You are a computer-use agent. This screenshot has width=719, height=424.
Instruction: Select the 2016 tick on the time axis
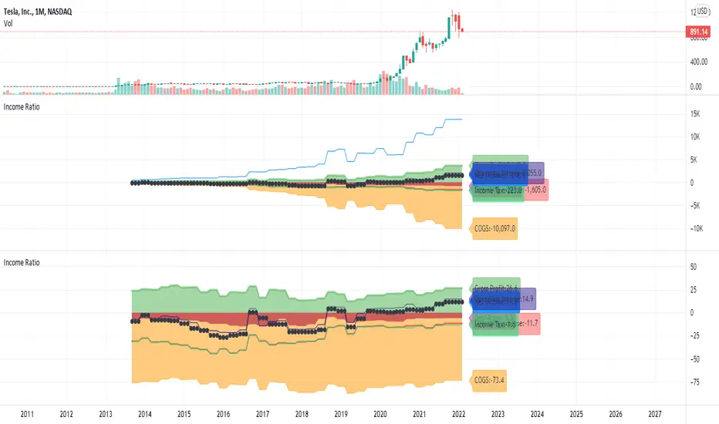click(x=224, y=413)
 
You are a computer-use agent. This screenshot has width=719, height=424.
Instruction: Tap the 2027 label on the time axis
click(x=656, y=413)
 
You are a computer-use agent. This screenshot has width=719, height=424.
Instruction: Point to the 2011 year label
click(x=27, y=413)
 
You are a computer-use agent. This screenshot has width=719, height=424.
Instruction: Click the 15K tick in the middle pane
click(x=696, y=114)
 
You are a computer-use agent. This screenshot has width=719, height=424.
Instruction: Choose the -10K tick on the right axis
click(x=696, y=228)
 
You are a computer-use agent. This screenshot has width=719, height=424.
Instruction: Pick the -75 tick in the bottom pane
click(x=695, y=381)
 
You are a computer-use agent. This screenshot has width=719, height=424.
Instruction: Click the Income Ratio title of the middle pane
click(x=23, y=107)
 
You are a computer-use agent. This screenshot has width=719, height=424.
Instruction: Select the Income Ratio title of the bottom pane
click(x=23, y=262)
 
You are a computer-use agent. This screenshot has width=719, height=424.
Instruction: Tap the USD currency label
click(x=703, y=12)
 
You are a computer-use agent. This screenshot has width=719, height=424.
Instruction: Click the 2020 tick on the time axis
click(x=380, y=413)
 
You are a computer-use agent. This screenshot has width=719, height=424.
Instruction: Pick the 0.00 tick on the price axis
click(x=699, y=87)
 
